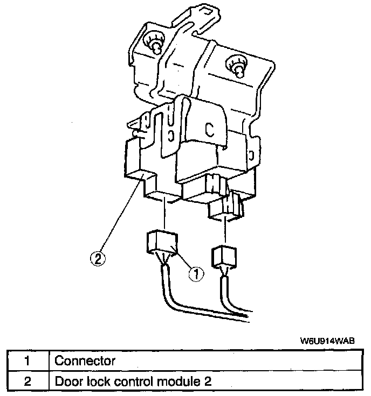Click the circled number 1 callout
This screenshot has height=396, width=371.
[x=196, y=273]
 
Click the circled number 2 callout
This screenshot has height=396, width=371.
[x=98, y=259]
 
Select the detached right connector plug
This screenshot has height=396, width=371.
[x=223, y=257]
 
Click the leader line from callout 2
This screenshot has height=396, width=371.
[x=121, y=215]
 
